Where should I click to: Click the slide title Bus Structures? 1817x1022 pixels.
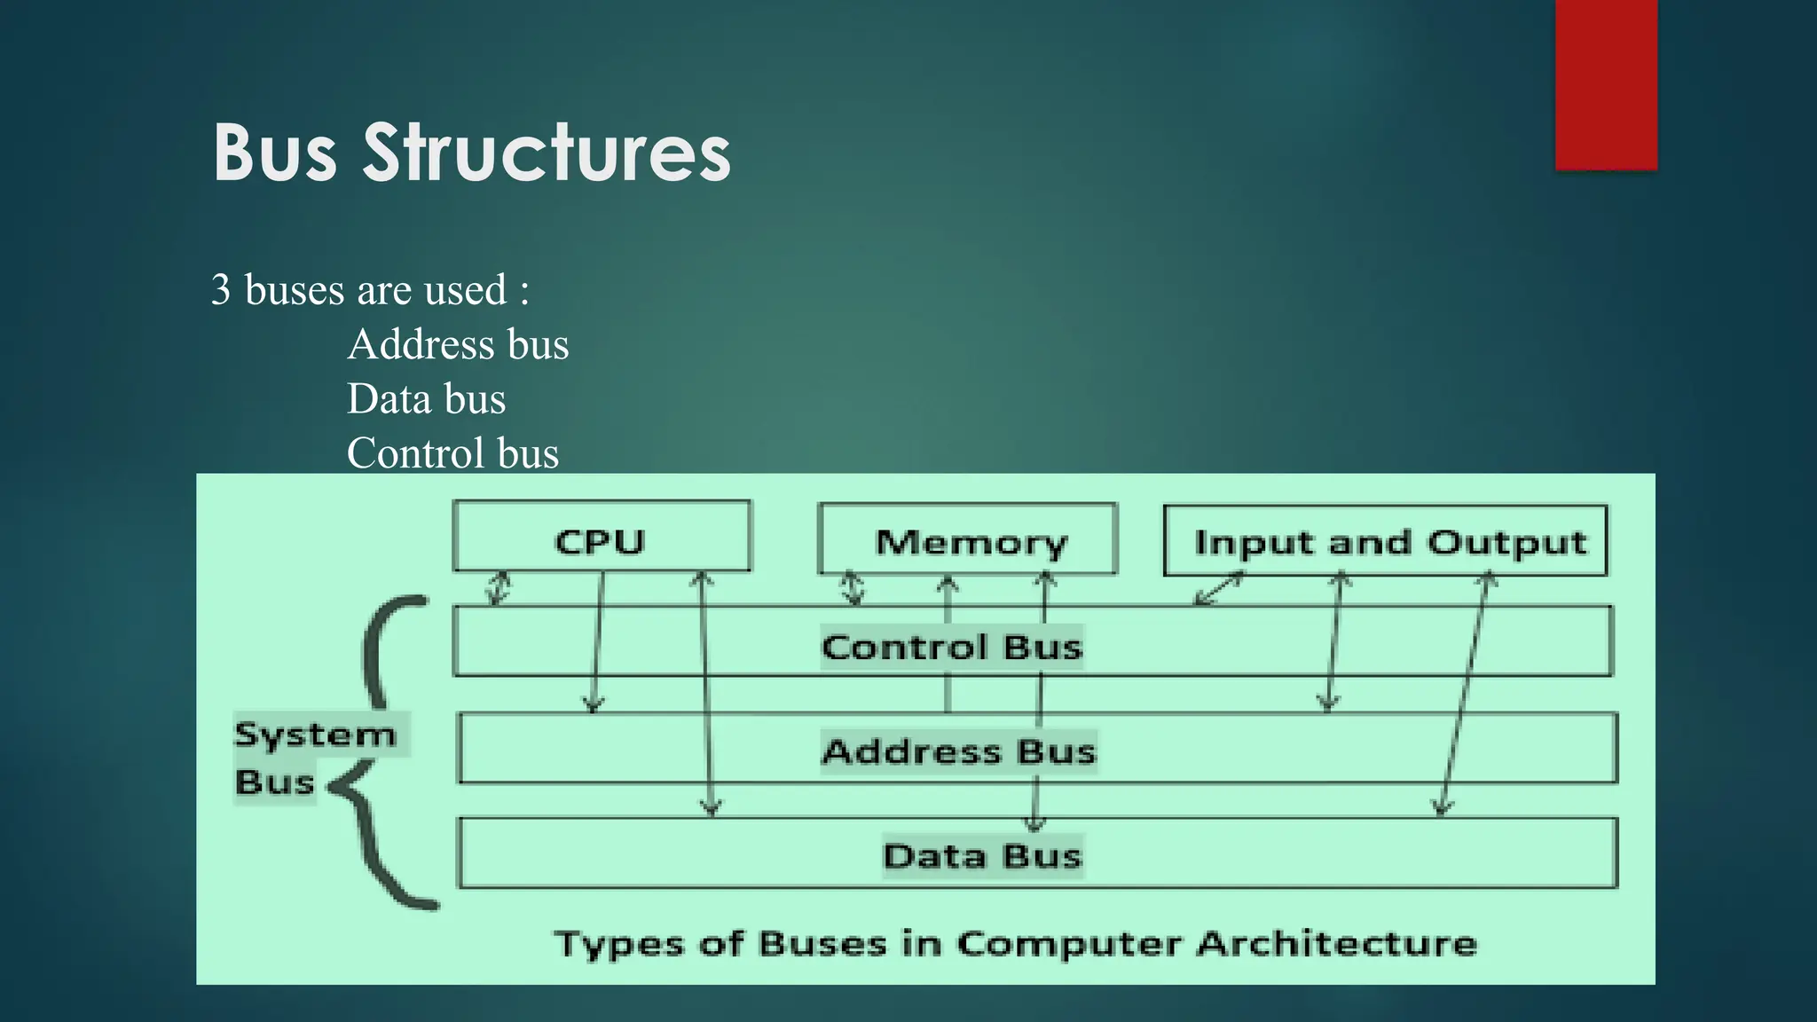tap(471, 153)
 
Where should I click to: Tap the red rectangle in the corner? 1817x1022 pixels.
tap(1606, 84)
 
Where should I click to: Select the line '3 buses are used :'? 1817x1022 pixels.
tap(370, 290)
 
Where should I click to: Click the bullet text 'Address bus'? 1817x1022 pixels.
tap(458, 344)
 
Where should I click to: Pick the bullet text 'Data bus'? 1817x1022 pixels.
tap(426, 398)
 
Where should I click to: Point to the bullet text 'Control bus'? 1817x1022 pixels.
tap(452, 453)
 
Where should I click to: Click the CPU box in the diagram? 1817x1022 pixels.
tap(601, 538)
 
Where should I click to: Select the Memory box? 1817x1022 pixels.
tap(969, 539)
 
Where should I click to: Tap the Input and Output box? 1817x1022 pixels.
tap(1386, 541)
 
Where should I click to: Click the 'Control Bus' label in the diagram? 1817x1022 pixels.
tap(951, 647)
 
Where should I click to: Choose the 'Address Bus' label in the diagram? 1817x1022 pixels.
tap(958, 751)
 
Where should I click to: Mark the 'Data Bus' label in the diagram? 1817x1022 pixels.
tap(982, 856)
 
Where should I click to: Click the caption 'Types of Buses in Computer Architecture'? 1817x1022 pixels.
tap(1015, 943)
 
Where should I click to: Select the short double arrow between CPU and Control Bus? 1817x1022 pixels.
tap(499, 588)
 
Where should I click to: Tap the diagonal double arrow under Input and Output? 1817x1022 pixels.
tap(1219, 589)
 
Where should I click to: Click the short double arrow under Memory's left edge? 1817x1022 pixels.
tap(853, 588)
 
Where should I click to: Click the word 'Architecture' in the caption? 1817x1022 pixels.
tap(1336, 943)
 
